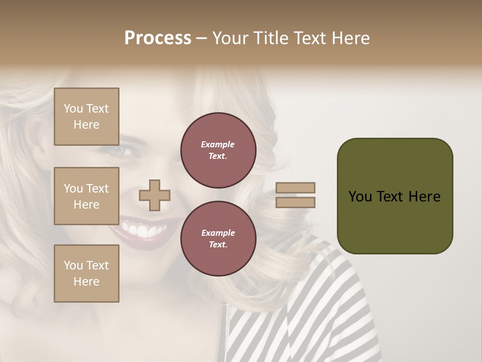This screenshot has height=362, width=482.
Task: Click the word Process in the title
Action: (x=158, y=38)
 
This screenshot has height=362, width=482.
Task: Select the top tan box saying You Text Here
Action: (x=86, y=117)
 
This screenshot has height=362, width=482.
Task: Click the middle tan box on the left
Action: (x=86, y=196)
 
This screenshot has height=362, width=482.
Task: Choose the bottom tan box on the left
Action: (x=86, y=274)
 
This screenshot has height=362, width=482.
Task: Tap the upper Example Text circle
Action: (x=218, y=150)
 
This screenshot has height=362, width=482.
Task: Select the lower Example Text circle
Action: (x=218, y=239)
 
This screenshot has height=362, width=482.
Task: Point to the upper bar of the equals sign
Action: (x=296, y=188)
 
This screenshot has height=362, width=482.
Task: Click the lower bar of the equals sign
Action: (x=296, y=202)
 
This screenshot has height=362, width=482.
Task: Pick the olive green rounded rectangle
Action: (x=395, y=196)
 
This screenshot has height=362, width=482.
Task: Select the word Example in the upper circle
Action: (x=218, y=144)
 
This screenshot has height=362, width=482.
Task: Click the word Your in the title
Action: (x=230, y=38)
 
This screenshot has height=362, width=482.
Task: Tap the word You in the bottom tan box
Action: (x=73, y=265)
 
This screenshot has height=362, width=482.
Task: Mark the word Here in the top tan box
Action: (x=86, y=125)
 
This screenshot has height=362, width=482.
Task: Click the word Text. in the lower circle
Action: (x=218, y=245)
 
